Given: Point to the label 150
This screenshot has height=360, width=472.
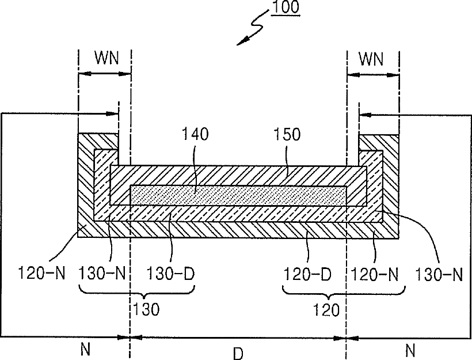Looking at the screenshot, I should click(287, 135).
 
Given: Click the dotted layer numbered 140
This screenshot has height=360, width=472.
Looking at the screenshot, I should click(239, 195).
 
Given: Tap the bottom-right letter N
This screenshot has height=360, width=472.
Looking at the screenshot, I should click(410, 350).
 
